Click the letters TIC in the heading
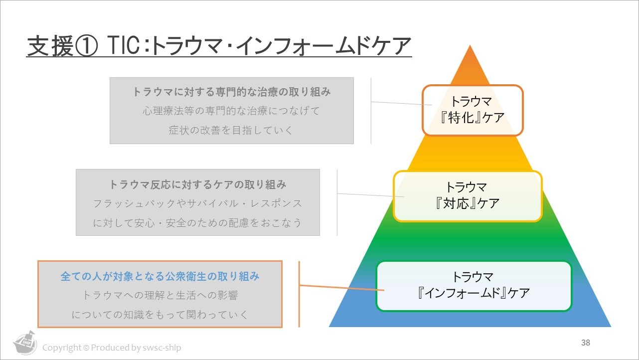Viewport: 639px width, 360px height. coord(123,46)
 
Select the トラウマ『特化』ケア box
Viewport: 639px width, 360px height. coord(473,110)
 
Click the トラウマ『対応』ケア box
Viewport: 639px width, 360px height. coord(467,196)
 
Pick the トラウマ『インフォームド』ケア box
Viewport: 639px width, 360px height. coord(474,286)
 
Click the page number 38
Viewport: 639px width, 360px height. coord(586,343)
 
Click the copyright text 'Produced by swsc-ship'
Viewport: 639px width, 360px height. coord(136,348)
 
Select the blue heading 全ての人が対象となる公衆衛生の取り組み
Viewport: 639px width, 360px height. coord(160,276)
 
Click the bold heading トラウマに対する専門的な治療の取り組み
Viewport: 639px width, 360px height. coord(232,92)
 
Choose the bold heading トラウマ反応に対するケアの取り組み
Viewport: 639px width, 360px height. coord(198,184)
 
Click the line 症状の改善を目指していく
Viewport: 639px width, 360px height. coord(231,130)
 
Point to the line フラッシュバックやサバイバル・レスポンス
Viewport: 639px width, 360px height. coord(198,203)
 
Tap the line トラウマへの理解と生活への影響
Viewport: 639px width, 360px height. coord(160,295)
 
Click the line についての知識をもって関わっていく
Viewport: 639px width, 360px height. coord(160,315)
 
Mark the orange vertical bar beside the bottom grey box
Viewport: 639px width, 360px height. coord(299,294)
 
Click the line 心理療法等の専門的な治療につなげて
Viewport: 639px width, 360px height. coord(231,111)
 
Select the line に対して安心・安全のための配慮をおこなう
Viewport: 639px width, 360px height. coord(197,222)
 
